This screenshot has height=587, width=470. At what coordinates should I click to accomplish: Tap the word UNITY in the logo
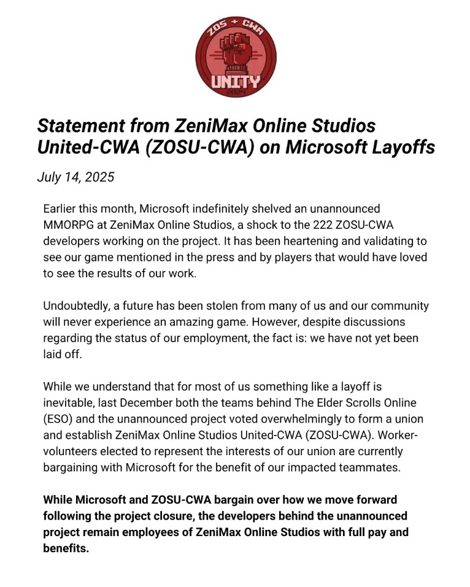(236, 81)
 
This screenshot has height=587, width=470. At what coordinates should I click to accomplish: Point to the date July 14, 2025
(75, 177)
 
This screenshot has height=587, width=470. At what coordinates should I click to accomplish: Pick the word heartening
(296, 240)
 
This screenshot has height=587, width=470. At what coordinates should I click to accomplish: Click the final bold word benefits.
(66, 548)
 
